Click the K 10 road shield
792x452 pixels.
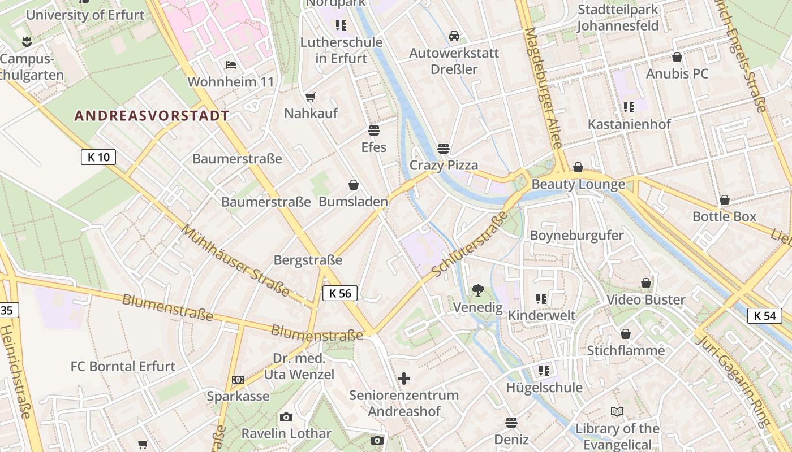(x=98, y=157)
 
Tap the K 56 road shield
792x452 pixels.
(x=340, y=293)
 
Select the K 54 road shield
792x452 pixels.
(x=765, y=315)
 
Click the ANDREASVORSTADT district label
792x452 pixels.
(x=152, y=116)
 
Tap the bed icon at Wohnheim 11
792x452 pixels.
(x=230, y=64)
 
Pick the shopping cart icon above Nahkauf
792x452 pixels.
(x=310, y=97)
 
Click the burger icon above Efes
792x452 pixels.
(x=373, y=131)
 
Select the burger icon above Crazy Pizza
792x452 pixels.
(x=444, y=149)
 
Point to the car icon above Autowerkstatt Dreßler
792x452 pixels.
(x=454, y=36)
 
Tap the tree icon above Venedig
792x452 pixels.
(x=478, y=290)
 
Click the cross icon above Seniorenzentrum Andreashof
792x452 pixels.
(x=404, y=378)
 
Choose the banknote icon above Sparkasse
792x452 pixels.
(x=238, y=380)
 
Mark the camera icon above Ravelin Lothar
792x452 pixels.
(x=286, y=417)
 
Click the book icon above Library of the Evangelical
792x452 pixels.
(x=617, y=412)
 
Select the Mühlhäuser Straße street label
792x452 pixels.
(x=236, y=260)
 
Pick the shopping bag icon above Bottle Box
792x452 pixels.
(x=725, y=200)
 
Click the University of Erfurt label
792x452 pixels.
(x=85, y=15)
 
